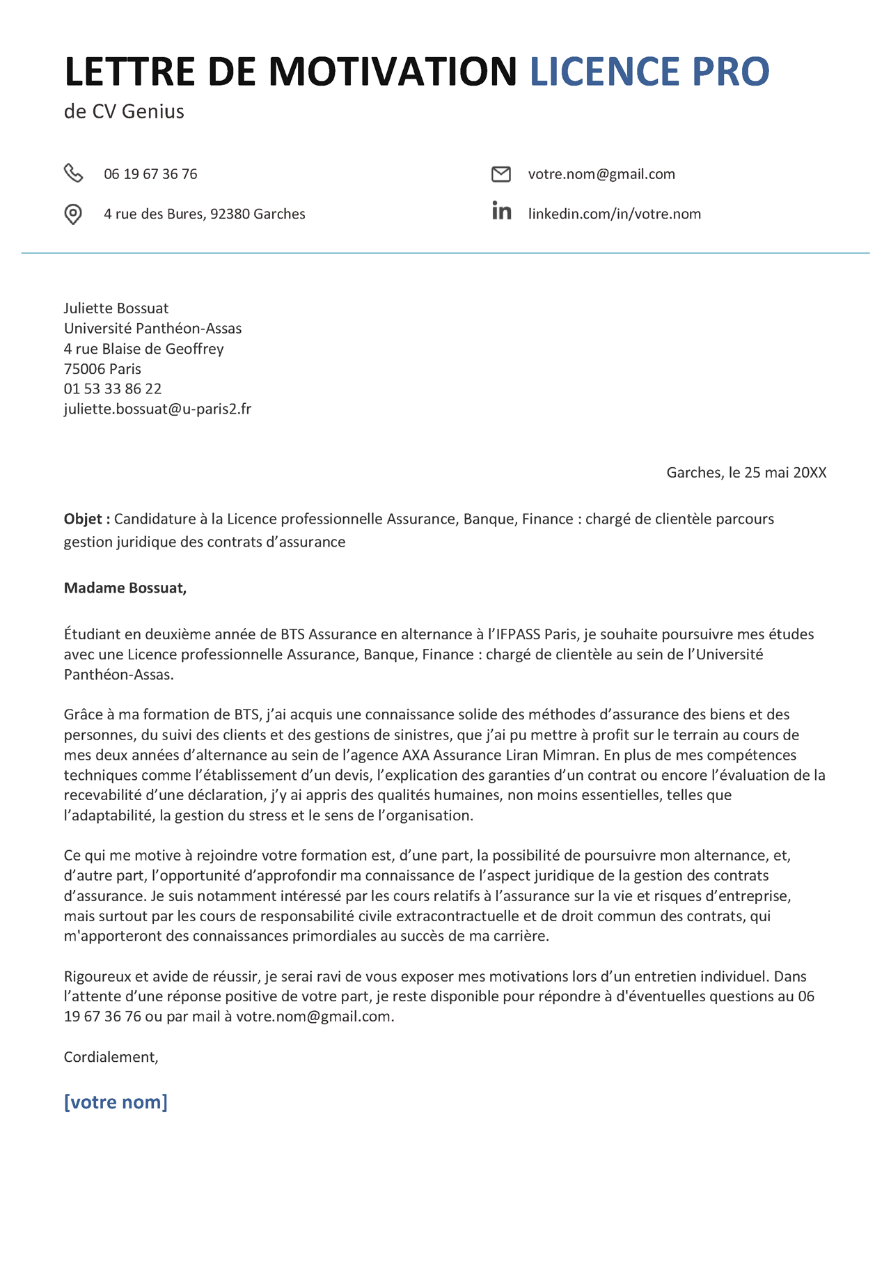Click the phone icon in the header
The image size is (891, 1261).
[x=73, y=173]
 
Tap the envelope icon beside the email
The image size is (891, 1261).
[x=501, y=174]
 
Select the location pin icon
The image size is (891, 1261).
[x=73, y=214]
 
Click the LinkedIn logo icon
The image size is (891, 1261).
[x=501, y=211]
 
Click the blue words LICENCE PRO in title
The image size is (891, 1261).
[x=649, y=72]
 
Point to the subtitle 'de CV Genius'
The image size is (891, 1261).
[x=124, y=111]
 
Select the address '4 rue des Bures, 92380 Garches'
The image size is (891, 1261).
[x=205, y=214]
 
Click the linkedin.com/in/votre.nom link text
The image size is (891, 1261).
[x=614, y=214]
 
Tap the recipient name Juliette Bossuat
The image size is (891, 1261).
[x=116, y=308]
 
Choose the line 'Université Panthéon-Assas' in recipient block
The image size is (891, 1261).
[x=153, y=328]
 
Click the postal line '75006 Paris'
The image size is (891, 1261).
[x=102, y=368]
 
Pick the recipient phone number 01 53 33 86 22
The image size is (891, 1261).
[x=113, y=389]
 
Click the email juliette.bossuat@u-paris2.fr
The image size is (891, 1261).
[x=157, y=409]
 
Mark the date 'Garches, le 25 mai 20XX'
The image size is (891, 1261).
[x=746, y=473]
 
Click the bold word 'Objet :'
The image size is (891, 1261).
[x=87, y=519]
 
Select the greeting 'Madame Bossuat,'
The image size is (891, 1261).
[x=125, y=588]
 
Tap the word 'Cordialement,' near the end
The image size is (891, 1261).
[x=111, y=1057]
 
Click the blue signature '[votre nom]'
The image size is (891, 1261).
[x=116, y=1102]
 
